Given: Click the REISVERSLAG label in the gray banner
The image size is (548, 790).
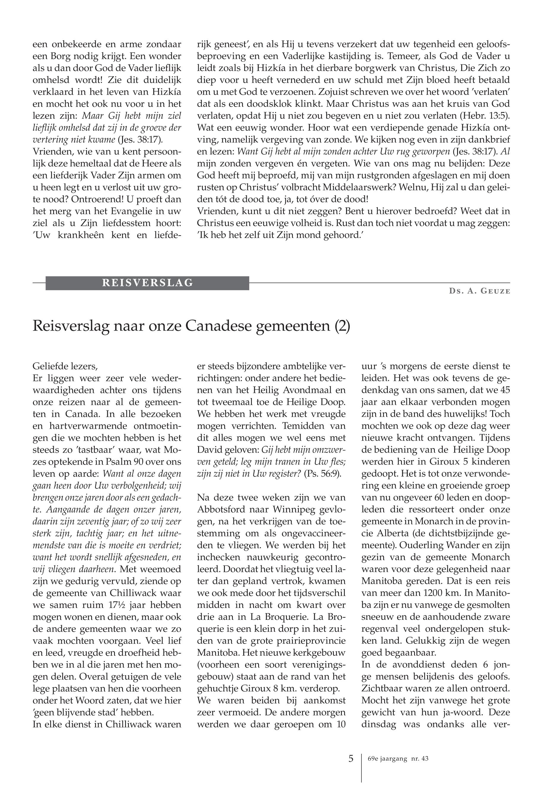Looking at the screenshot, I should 147,283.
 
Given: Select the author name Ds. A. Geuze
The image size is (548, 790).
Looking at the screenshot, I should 479,291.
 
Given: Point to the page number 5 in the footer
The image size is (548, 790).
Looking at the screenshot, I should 350,759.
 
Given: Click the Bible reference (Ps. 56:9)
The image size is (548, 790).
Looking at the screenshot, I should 322,474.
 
